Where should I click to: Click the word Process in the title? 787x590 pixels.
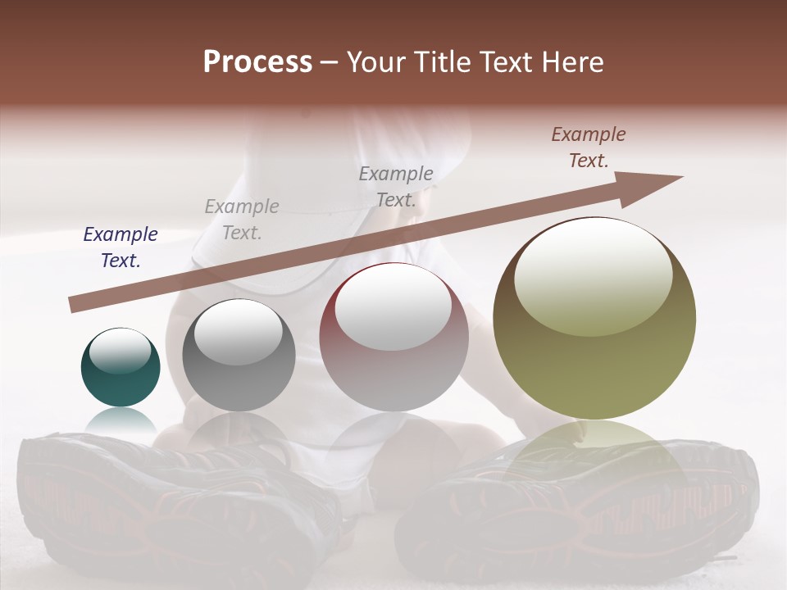(257, 62)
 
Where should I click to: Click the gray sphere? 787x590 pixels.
(239, 356)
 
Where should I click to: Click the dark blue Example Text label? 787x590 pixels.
(121, 247)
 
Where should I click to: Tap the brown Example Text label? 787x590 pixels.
(589, 147)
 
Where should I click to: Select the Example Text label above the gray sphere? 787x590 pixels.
(242, 220)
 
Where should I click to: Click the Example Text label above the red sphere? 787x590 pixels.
(396, 187)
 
